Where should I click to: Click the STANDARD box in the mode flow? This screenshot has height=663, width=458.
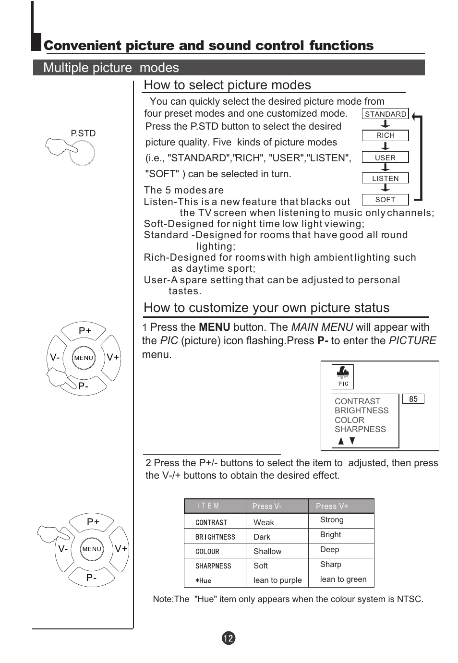pos(385,114)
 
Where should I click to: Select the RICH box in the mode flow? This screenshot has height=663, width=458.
pos(385,135)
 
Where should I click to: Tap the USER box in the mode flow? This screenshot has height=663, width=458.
pos(385,157)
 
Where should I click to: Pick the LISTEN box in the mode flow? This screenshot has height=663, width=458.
pos(385,178)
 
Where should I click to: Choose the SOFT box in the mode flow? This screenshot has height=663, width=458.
pos(385,199)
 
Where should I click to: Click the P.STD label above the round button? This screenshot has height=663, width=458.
pos(83,133)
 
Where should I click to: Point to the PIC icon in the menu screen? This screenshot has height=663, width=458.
pos(343,376)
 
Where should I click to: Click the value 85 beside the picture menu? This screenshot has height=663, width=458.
pos(413,399)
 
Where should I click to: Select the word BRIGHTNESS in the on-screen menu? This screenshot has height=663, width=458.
pos(362,410)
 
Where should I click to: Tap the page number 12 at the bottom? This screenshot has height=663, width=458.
pos(229,638)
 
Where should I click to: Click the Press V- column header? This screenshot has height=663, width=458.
pos(267,506)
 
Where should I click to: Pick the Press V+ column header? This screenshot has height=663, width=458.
pos(332,506)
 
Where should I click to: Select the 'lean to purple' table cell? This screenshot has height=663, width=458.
pos(277,580)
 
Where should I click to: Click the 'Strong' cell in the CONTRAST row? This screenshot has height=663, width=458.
pos(332,519)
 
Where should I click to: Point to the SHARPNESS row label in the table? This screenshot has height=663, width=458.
pos(213,566)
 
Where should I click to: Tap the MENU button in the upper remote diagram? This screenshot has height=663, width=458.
pos(84,358)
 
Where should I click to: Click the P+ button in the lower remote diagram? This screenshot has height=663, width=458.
pos(93,522)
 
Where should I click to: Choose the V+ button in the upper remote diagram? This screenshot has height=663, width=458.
pos(113,357)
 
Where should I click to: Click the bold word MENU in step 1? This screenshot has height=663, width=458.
pos(215,327)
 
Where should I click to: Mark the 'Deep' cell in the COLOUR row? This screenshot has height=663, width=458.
pos(329,549)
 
